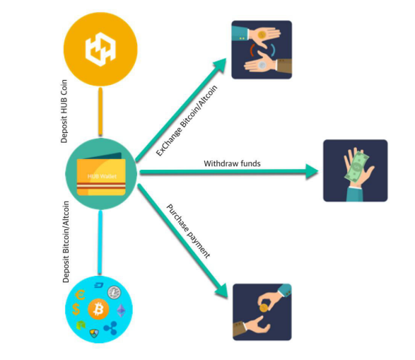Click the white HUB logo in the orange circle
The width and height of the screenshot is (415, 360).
point(100,49)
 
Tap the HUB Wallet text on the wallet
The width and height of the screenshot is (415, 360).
point(102,176)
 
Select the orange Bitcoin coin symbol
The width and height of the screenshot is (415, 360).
point(98,309)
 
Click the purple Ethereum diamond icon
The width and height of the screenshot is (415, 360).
point(121,310)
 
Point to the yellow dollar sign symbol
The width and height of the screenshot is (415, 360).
point(76,309)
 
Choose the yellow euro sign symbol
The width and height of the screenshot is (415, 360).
point(80,295)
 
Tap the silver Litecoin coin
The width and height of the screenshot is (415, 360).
point(114,293)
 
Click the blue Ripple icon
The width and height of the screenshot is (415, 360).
point(110,327)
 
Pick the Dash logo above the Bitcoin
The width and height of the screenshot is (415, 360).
point(99,286)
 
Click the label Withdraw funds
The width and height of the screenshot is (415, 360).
point(232,163)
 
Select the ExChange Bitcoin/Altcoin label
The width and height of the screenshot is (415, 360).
point(187,121)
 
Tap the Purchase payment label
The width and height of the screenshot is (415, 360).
point(188,231)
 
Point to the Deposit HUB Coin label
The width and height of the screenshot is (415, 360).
point(64,111)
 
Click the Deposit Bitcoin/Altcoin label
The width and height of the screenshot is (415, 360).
point(66,242)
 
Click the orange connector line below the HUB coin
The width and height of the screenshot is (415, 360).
point(100,112)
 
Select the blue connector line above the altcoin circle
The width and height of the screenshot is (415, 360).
point(100,242)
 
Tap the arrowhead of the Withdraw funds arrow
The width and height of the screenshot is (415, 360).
point(312,172)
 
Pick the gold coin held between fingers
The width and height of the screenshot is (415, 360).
point(263,308)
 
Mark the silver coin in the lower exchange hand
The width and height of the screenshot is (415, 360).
point(262,65)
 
